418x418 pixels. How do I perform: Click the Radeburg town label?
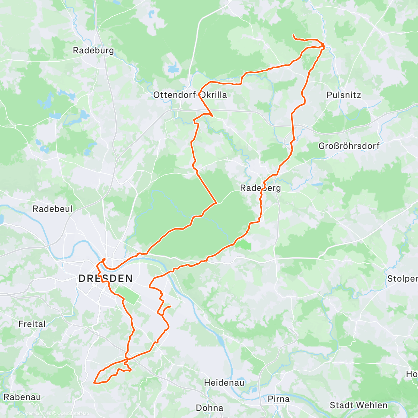[x=93, y=50]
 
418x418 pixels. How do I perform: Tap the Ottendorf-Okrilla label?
[x=190, y=95]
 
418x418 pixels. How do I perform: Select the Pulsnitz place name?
[x=343, y=95]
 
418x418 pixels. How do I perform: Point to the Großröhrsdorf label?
[x=349, y=146]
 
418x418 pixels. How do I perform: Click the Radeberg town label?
[x=260, y=188]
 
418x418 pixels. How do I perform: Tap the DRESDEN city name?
[x=106, y=278]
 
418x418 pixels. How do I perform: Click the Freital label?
[x=32, y=324]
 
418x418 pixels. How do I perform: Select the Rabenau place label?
[x=22, y=397]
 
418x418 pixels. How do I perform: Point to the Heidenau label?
[x=224, y=382]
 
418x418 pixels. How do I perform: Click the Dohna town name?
[x=209, y=408]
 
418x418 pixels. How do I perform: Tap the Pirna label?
[x=278, y=399]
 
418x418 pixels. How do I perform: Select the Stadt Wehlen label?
[x=358, y=405]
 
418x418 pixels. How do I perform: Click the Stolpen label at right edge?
[x=402, y=279]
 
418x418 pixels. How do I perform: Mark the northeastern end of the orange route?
[x=293, y=35]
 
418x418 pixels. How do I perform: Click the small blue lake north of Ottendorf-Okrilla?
[x=173, y=68]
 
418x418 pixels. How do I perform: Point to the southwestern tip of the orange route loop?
[x=94, y=382]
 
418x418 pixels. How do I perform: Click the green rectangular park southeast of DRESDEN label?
[x=127, y=294]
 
